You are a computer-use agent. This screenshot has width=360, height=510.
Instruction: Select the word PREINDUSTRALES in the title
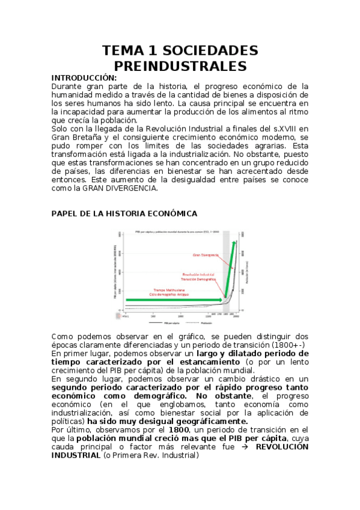[x=180, y=65]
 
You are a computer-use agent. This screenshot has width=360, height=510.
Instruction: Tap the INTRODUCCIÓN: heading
[x=84, y=78]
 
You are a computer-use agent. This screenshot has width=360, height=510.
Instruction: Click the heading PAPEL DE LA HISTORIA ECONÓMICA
[x=124, y=214]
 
